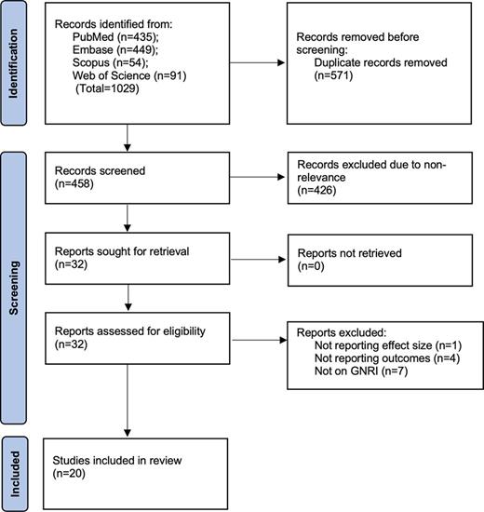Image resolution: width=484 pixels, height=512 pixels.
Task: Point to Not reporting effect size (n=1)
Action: click(x=389, y=344)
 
